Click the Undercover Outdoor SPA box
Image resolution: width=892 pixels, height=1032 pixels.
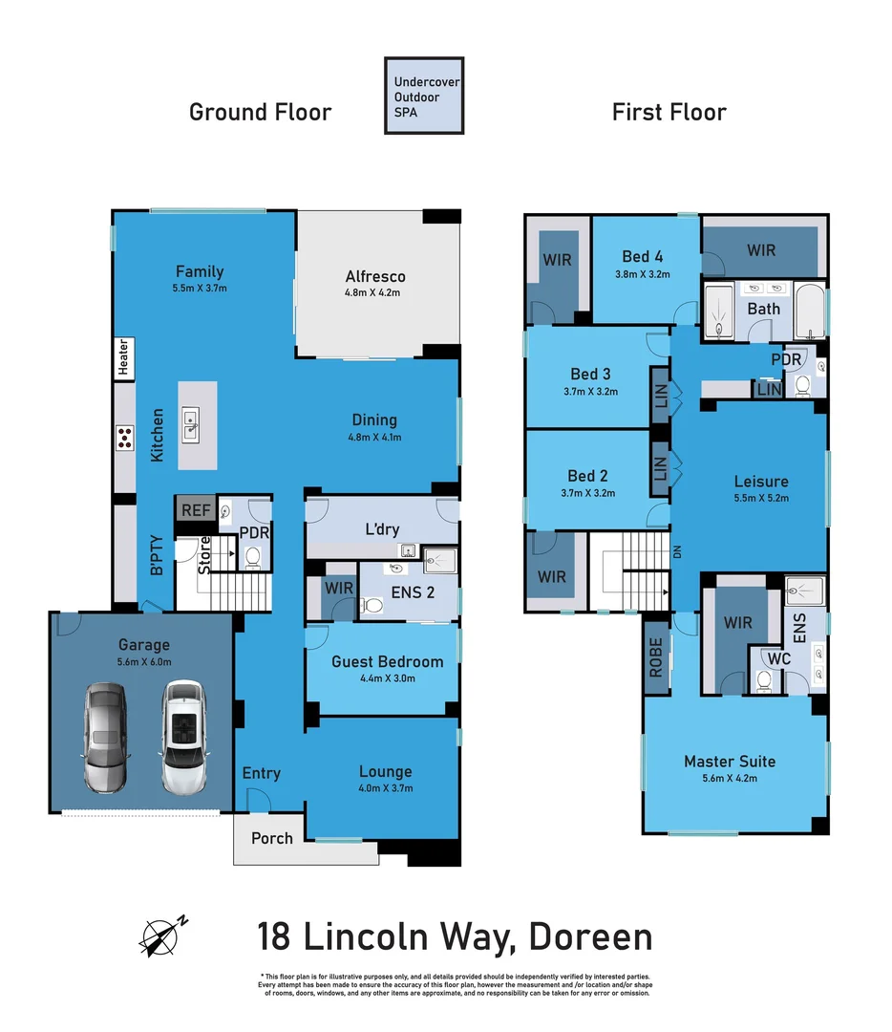(424, 96)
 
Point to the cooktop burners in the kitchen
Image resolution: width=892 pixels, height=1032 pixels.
(124, 438)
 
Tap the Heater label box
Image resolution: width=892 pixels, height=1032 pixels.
(123, 357)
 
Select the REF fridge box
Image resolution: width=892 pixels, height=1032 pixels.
(195, 510)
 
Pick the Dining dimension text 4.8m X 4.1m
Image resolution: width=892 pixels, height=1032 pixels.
(374, 439)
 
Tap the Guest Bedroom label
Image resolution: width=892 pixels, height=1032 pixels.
(387, 661)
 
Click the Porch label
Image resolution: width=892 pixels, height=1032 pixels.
(271, 838)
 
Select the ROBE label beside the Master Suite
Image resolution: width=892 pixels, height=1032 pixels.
(656, 658)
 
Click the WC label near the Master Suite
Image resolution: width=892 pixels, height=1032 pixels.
(779, 658)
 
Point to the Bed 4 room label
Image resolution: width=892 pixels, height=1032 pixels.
(642, 256)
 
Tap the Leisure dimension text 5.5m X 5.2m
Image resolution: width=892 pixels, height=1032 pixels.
(761, 498)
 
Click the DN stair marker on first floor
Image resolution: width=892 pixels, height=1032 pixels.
(678, 551)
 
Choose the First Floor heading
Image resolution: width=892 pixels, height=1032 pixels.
(669, 112)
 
